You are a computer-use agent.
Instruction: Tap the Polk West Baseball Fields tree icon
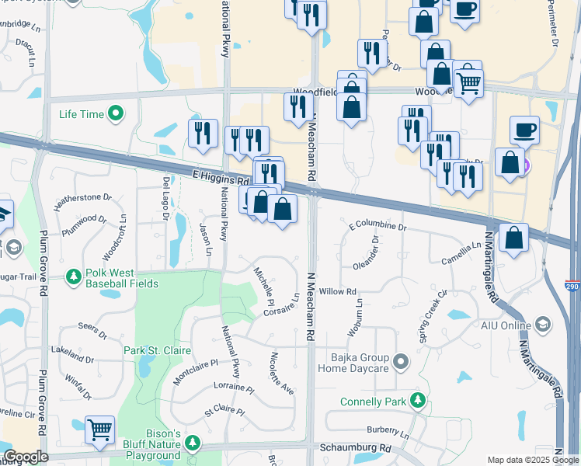pyautogui.click(x=74, y=277)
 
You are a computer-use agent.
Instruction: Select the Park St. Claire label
pyautogui.click(x=157, y=351)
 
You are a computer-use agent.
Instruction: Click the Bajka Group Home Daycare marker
pyautogui.click(x=401, y=362)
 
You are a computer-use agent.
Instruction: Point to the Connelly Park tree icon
pyautogui.click(x=419, y=402)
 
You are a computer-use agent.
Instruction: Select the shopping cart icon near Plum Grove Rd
pyautogui.click(x=99, y=429)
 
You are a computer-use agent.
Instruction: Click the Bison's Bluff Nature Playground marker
pyautogui.click(x=193, y=444)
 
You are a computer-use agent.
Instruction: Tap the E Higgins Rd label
pyautogui.click(x=220, y=178)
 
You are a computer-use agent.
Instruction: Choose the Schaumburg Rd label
pyautogui.click(x=355, y=449)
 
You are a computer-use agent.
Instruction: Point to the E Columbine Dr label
pyautogui.click(x=377, y=226)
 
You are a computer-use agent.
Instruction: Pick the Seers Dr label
pyautogui.click(x=92, y=331)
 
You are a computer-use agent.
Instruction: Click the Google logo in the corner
pyautogui.click(x=25, y=457)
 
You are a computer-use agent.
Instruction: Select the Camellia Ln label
pyautogui.click(x=461, y=252)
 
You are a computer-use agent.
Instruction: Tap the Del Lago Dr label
pyautogui.click(x=165, y=198)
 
